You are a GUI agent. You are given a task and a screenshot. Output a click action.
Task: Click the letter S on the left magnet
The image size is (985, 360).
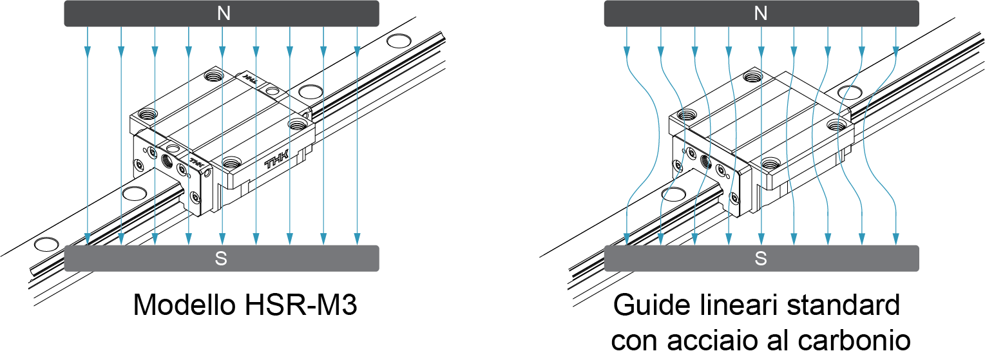221,259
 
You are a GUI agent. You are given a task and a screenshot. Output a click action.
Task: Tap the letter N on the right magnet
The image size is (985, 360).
761,14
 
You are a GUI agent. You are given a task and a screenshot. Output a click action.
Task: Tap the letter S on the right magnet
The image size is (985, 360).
761,259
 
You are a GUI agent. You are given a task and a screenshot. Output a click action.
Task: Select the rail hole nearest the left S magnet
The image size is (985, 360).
46,244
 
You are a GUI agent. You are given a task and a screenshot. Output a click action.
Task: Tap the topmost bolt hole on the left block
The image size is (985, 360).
211,77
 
